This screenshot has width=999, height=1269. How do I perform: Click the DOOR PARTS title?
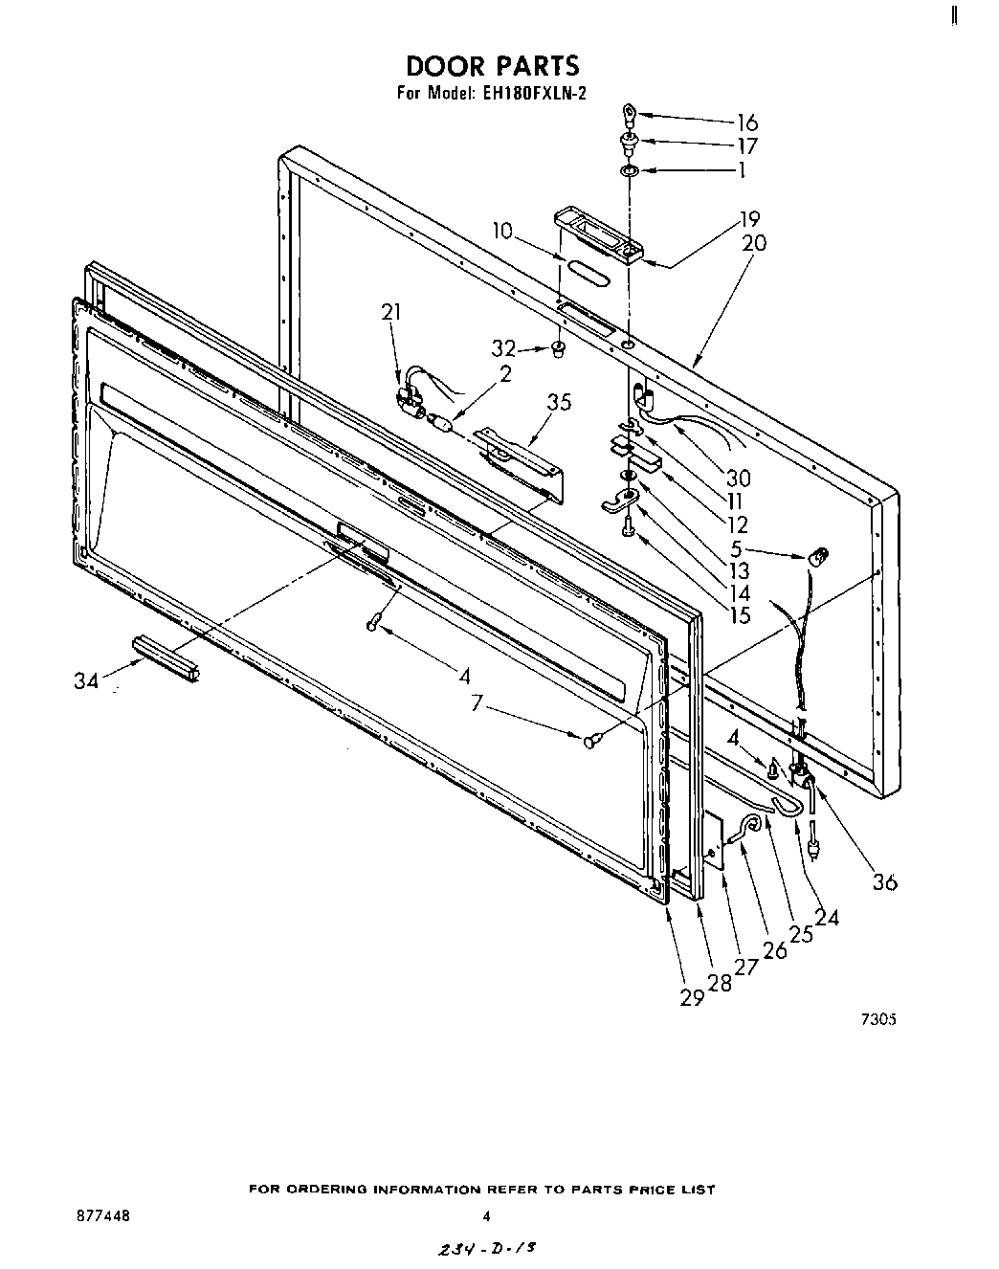tap(493, 65)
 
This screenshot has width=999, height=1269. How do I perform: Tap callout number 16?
tap(746, 122)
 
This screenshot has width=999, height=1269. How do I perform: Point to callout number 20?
tap(754, 243)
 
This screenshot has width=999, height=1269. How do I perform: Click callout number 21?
tap(391, 312)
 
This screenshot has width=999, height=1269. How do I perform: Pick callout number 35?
tap(559, 402)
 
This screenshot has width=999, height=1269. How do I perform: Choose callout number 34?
tap(86, 681)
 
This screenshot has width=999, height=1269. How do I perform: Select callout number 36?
tap(885, 882)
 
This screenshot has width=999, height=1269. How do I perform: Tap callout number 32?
tap(504, 348)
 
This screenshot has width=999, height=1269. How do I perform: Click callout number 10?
tap(503, 231)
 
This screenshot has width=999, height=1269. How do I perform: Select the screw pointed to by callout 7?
tap(589, 739)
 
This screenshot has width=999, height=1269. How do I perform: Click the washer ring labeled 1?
tap(629, 171)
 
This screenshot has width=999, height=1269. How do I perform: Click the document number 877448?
tap(102, 1215)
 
